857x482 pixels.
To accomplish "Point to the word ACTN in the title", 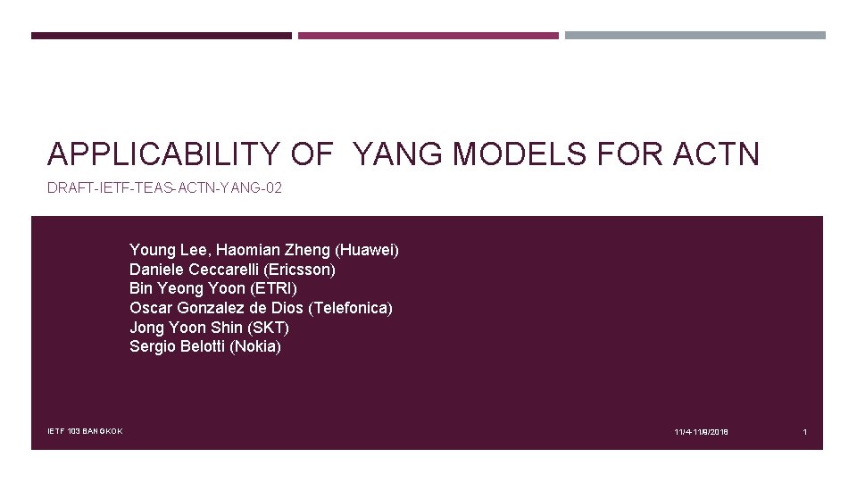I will tap(717, 154).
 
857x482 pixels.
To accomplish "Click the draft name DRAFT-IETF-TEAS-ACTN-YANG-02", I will tap(164, 188).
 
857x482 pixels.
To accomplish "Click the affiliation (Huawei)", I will tap(367, 250).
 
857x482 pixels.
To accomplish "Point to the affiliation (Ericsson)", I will tap(299, 270).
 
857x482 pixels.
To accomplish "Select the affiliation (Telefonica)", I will tap(350, 308).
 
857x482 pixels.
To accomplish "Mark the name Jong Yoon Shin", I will tap(185, 328).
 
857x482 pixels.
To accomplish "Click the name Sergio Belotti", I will tap(177, 346).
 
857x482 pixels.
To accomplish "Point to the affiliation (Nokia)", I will tap(255, 346).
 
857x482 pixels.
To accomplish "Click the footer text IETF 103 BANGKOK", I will tap(85, 432).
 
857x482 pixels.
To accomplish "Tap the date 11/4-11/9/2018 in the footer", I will tap(701, 432).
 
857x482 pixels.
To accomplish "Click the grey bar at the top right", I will tap(695, 36).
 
